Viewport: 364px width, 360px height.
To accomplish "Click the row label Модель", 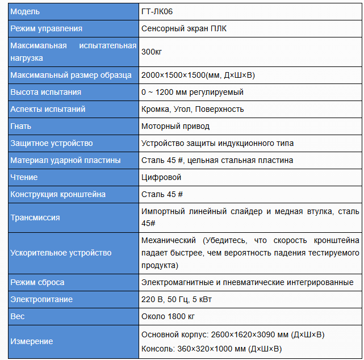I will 25,11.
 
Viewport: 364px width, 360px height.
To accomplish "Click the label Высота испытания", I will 45,92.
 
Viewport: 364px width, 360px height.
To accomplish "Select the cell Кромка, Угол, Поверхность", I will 193,109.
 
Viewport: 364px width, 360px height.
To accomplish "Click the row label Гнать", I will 21,126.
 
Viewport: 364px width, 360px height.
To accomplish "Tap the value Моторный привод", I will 175,126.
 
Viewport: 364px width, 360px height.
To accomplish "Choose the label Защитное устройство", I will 51,143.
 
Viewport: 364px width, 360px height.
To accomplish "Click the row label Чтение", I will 24,177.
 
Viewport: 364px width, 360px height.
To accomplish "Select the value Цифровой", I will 161,177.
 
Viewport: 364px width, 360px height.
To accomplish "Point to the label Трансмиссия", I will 35,217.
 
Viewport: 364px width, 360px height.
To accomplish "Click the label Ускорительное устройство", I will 61,253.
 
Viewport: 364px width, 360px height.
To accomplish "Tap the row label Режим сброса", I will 37,282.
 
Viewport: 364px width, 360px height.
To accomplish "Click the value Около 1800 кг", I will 168,316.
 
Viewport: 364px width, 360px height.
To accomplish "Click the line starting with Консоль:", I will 211,349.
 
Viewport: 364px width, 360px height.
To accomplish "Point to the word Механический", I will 169,240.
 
